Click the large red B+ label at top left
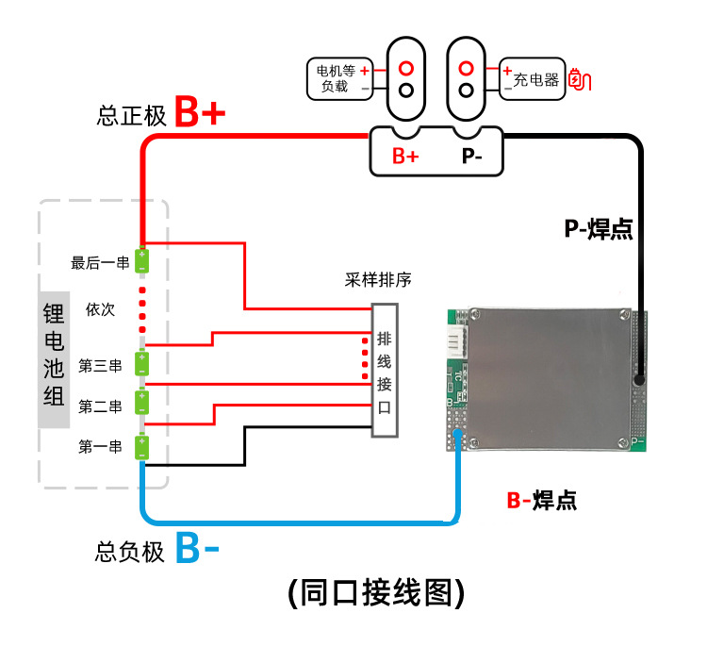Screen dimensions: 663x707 click(200, 113)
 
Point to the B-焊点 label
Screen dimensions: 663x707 click(541, 500)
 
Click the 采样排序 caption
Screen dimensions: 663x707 click(377, 281)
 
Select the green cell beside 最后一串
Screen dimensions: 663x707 click(142, 260)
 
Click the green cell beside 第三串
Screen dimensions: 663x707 click(142, 363)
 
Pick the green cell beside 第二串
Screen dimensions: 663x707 click(142, 403)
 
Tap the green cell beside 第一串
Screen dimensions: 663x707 click(142, 446)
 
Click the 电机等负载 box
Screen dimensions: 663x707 click(335, 77)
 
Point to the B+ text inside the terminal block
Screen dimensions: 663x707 click(405, 156)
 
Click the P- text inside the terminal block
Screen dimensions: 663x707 click(472, 156)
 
